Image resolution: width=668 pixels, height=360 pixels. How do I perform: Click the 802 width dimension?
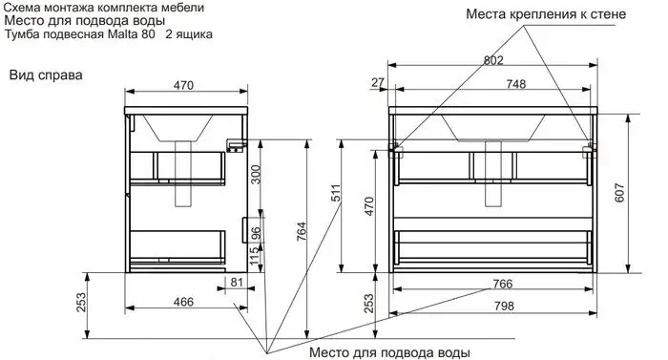pos(493,60)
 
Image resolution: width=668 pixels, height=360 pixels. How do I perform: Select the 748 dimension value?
pos(516,84)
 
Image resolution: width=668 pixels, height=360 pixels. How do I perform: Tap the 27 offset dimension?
pos(378,82)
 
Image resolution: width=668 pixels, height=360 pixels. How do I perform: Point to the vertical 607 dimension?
pos(619,192)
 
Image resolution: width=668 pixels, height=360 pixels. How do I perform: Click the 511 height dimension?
pos(336,193)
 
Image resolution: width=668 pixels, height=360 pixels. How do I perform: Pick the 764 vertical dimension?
pos(302,232)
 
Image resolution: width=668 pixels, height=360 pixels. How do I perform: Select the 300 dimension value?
pos(255,175)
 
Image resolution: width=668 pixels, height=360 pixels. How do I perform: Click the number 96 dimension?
pos(255,234)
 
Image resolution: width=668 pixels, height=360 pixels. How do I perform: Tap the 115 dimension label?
pos(255,255)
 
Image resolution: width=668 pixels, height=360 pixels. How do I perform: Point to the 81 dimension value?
pos(237,282)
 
